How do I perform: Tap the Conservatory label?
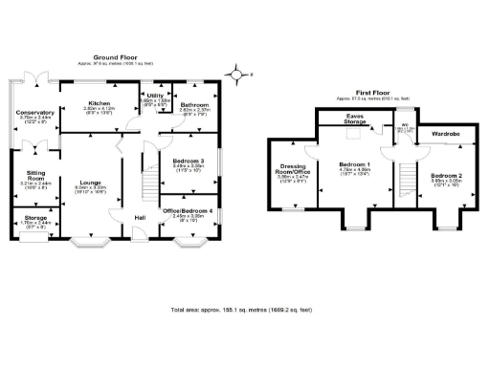coord(35,113)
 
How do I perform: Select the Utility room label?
coord(154,97)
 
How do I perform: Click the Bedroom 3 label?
coord(188,161)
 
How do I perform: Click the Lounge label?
coord(91,182)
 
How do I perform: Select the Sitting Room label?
coord(34,176)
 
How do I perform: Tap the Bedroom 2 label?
coord(445,176)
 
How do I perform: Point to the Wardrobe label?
coord(446,135)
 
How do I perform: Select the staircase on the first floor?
coord(408,182)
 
